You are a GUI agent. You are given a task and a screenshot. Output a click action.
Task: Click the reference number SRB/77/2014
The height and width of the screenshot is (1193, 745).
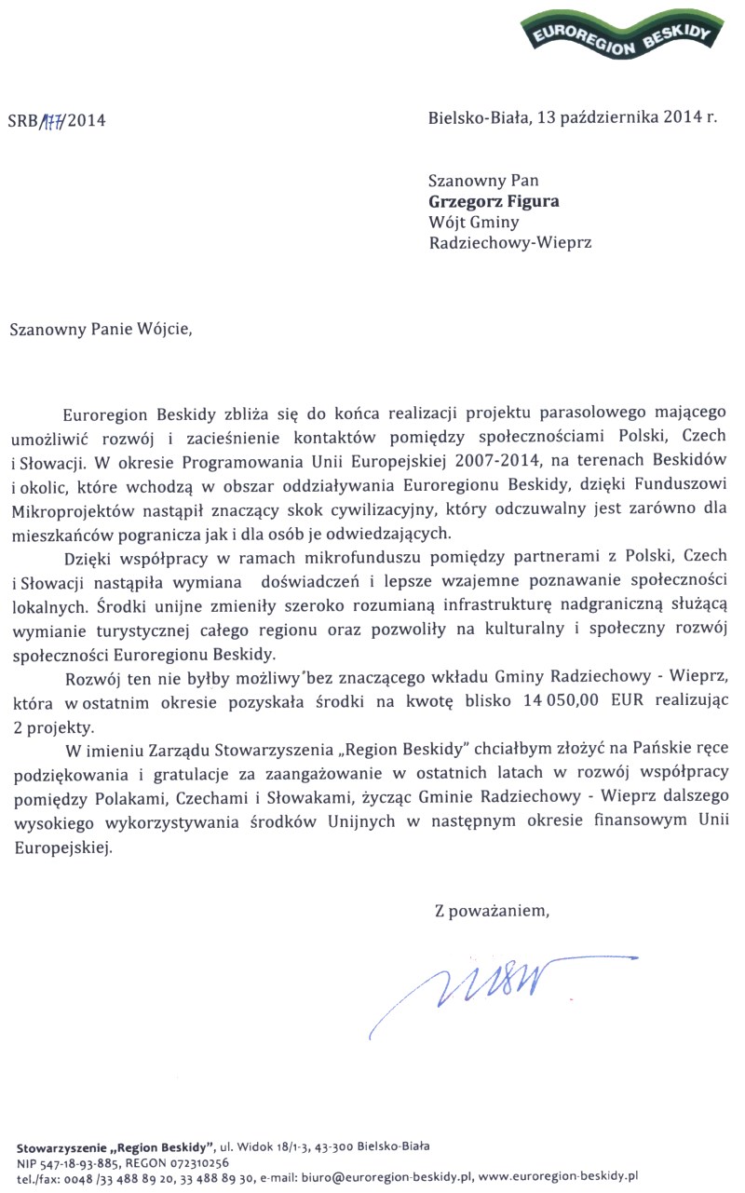coord(56,120)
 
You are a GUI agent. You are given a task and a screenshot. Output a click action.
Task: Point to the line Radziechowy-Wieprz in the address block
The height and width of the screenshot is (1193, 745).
coord(509,243)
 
